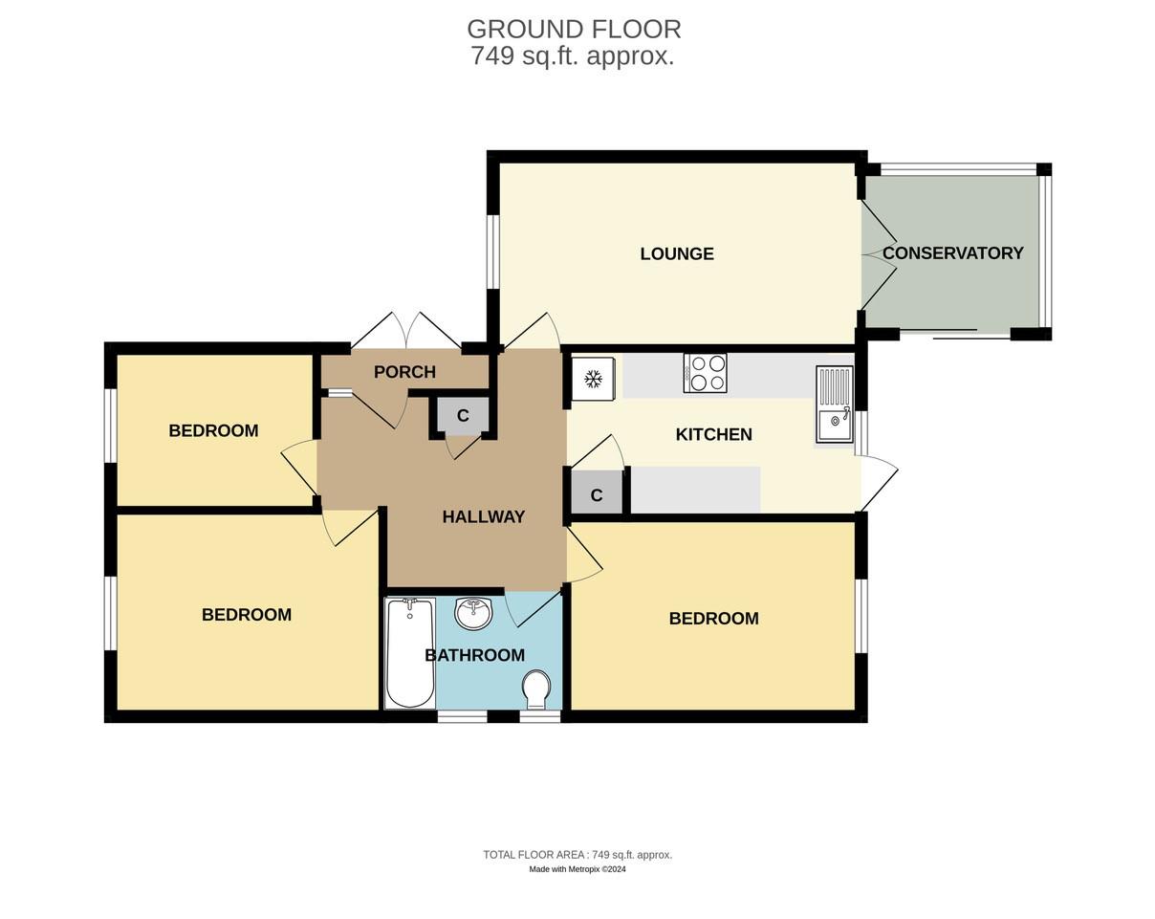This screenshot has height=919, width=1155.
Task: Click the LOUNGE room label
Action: (677, 253)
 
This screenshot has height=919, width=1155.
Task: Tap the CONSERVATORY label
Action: (952, 253)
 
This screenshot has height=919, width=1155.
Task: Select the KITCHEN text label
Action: (713, 434)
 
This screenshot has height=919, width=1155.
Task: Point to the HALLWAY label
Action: (483, 517)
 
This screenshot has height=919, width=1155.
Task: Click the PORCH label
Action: (404, 372)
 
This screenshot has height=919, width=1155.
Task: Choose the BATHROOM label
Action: (474, 655)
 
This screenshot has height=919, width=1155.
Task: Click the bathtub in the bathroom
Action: (410, 653)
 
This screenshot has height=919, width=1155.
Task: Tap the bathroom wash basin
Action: (473, 613)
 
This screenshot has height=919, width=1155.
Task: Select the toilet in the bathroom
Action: (537, 689)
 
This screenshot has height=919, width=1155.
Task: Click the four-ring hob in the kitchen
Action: (706, 373)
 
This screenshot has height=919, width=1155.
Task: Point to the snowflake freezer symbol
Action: (593, 379)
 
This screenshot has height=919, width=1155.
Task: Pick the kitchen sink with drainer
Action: (834, 405)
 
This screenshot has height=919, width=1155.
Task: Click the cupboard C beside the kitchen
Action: (597, 495)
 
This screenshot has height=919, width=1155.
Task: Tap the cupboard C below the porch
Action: (463, 416)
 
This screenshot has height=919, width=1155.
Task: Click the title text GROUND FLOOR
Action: (574, 29)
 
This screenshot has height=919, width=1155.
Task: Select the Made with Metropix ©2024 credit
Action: (577, 869)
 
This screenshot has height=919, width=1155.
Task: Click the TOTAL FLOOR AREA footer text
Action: (577, 855)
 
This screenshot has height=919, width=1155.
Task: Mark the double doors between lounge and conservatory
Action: (878, 254)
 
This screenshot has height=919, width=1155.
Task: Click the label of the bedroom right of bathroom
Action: (713, 619)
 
